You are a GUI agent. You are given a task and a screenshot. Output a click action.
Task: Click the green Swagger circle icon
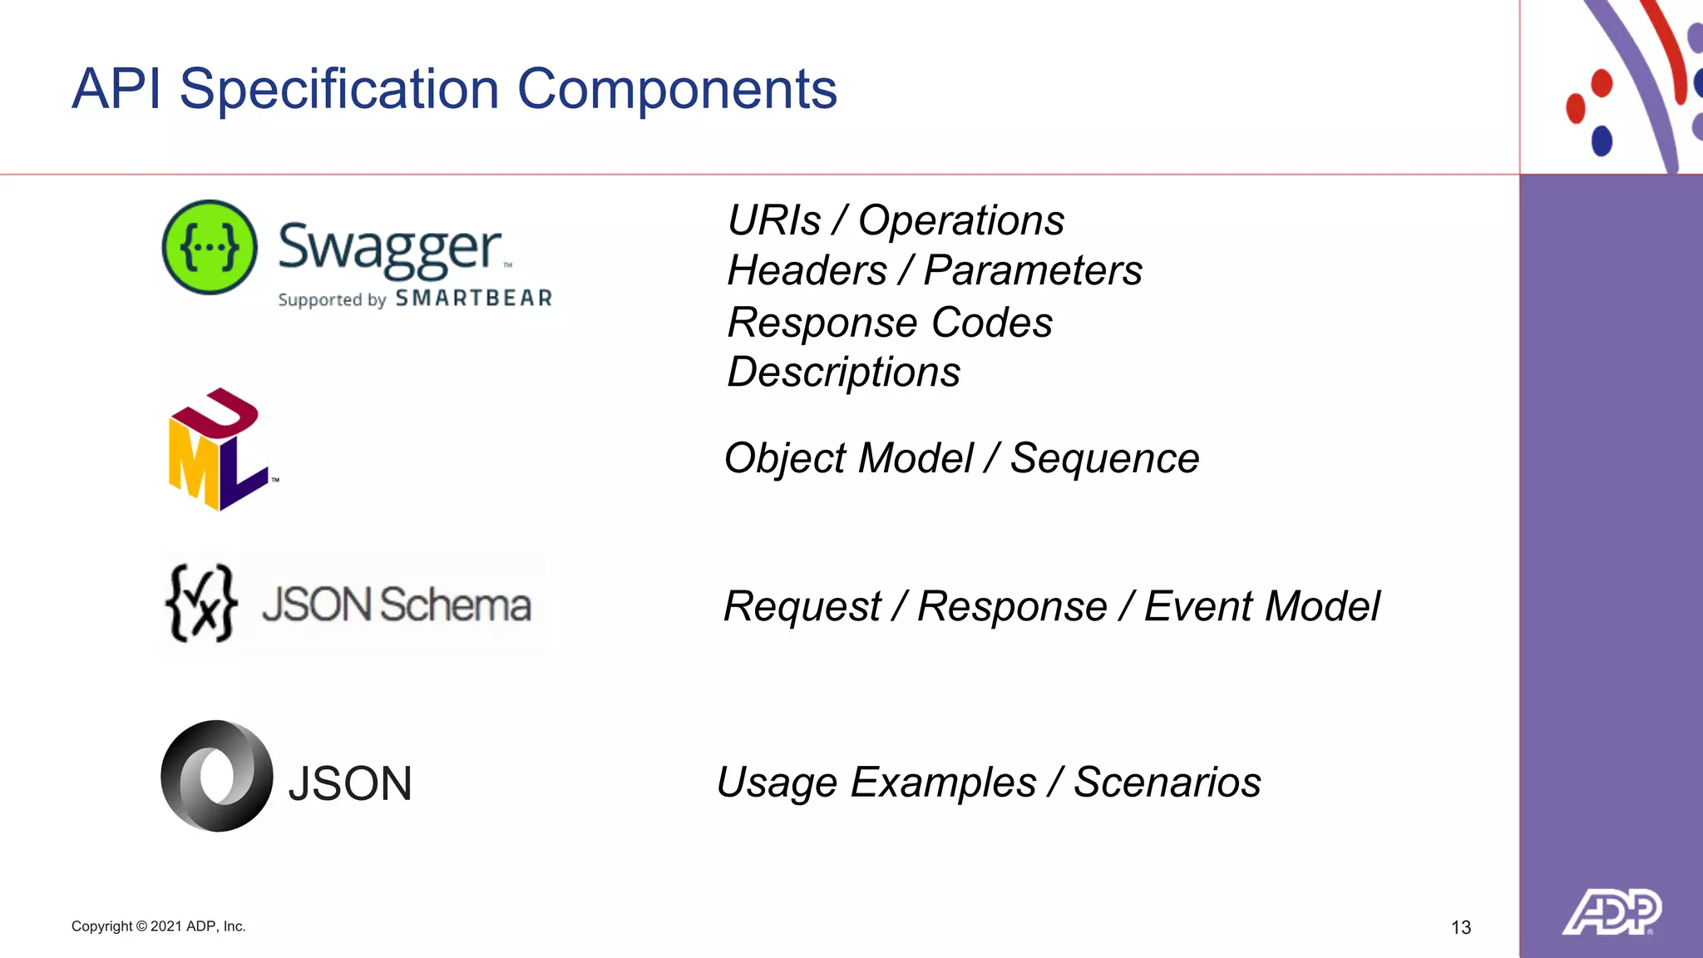(x=210, y=247)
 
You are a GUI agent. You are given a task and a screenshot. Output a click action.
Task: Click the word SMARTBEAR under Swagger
(x=473, y=299)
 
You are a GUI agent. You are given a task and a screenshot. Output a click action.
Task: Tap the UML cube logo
(x=218, y=450)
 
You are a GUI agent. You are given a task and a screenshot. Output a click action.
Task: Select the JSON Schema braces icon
(x=201, y=604)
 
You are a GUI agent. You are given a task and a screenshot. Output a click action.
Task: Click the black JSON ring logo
(x=216, y=776)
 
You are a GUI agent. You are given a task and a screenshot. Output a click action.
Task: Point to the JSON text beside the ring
(x=350, y=783)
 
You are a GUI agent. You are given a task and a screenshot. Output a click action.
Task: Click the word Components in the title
(x=677, y=89)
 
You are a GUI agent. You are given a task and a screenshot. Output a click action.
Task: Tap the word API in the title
(x=116, y=89)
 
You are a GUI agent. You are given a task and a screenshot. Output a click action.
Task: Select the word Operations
(x=960, y=221)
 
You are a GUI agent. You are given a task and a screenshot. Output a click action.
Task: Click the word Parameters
(x=1033, y=271)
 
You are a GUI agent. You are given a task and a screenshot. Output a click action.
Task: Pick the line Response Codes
(x=890, y=323)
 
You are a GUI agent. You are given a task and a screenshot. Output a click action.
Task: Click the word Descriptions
(x=843, y=372)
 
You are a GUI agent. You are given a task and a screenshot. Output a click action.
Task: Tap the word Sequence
(x=1104, y=458)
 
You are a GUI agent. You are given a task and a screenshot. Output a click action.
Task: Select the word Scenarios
(x=1167, y=783)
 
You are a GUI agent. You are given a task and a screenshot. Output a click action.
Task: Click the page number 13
(x=1461, y=927)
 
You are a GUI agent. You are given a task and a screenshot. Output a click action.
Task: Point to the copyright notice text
(x=158, y=926)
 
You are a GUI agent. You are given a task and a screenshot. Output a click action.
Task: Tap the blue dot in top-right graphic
(x=1602, y=140)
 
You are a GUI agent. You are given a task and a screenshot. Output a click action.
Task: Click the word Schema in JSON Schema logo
(x=455, y=605)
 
